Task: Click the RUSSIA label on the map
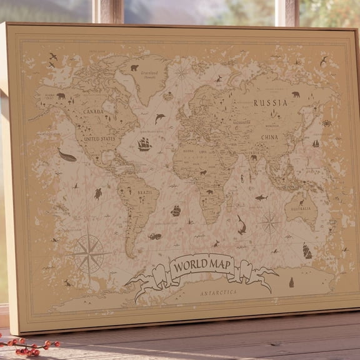[270, 102]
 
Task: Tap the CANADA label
[93, 111]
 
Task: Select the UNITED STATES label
[100, 138]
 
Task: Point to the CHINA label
[270, 137]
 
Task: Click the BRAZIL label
[144, 192]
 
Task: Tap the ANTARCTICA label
[219, 292]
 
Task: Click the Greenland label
[149, 72]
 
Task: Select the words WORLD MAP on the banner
[202, 266]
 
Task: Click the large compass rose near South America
[89, 254]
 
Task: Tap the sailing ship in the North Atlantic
[144, 144]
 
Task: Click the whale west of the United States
[67, 156]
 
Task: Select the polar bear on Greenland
[134, 67]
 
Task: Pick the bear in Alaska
[61, 96]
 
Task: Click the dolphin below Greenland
[160, 118]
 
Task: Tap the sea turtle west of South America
[98, 194]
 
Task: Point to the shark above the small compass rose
[261, 197]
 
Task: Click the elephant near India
[254, 157]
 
